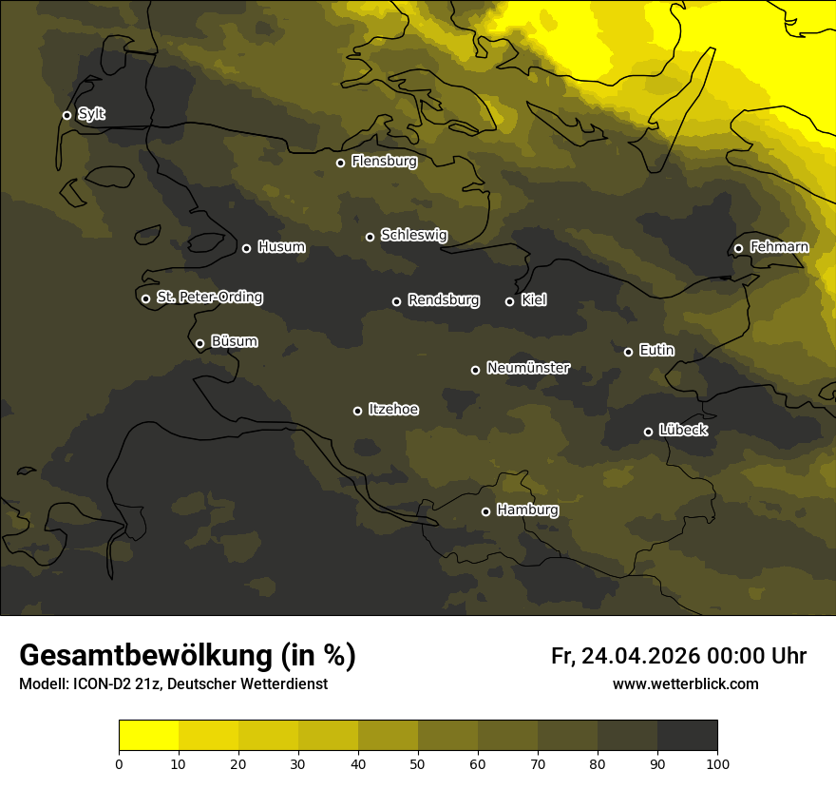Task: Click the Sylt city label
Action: [91, 114]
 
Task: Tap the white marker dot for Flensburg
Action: [340, 163]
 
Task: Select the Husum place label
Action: [281, 247]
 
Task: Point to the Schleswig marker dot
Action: [370, 237]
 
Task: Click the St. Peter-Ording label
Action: [209, 298]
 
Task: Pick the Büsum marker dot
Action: [199, 344]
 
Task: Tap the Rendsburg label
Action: [443, 300]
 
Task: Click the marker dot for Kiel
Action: [509, 301]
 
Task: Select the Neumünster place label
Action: [527, 368]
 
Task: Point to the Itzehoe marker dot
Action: [357, 411]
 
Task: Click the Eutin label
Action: [656, 351]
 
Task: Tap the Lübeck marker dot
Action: [648, 432]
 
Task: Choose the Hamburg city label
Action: [527, 510]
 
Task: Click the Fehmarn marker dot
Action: [738, 248]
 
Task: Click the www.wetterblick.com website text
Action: [685, 684]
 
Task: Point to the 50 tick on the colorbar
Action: [418, 762]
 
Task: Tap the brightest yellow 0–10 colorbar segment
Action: [148, 735]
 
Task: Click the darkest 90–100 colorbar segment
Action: [687, 735]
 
